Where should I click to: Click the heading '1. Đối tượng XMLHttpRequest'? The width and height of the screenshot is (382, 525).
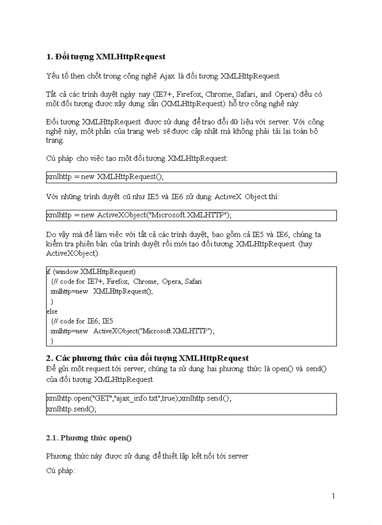pos(106,57)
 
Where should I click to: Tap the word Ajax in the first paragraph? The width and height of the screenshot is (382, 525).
pos(167,76)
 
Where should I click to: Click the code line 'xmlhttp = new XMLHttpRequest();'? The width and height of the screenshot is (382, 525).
pos(105,177)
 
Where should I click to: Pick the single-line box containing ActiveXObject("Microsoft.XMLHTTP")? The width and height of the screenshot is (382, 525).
pos(191,215)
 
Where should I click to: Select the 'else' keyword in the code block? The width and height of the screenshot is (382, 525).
pos(52,311)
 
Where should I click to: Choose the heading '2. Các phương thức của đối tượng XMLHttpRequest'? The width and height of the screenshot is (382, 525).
pos(147,358)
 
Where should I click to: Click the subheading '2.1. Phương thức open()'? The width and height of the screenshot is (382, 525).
pos(89,438)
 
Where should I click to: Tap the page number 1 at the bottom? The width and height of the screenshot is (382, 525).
pos(333,496)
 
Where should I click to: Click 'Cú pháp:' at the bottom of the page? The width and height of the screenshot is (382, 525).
pos(60,470)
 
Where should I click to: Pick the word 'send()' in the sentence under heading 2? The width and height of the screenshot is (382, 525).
pos(316,369)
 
